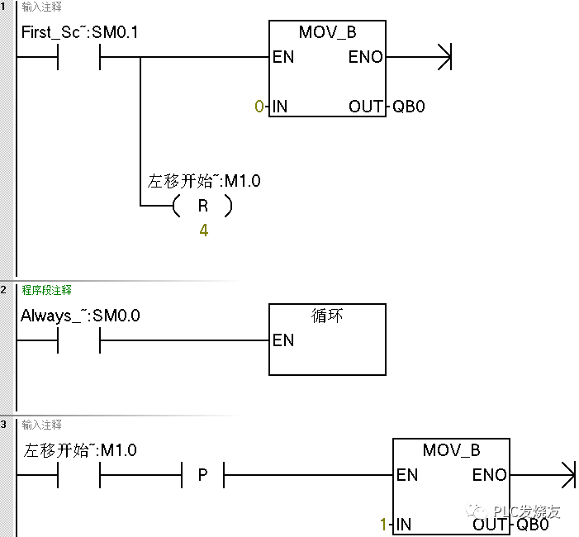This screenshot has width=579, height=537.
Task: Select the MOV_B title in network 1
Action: pyautogui.click(x=327, y=34)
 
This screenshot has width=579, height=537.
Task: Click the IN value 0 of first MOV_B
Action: pyautogui.click(x=259, y=107)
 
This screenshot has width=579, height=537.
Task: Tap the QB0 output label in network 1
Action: pyautogui.click(x=408, y=107)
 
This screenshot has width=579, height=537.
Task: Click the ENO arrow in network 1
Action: pyautogui.click(x=444, y=58)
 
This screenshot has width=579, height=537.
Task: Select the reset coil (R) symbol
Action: pyautogui.click(x=203, y=207)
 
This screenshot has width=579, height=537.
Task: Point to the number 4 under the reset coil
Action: pyautogui.click(x=203, y=230)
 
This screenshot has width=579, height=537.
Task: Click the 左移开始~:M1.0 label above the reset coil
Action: pyautogui.click(x=204, y=181)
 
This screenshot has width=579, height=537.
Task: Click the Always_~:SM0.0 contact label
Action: pyautogui.click(x=80, y=316)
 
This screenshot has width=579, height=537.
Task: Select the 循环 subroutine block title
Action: pyautogui.click(x=327, y=316)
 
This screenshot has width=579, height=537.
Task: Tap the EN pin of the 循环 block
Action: pyautogui.click(x=283, y=340)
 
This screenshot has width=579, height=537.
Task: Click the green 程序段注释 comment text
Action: pyautogui.click(x=47, y=290)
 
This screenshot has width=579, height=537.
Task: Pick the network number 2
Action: pyautogui.click(x=4, y=290)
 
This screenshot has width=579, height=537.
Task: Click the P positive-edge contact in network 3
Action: pyautogui.click(x=203, y=476)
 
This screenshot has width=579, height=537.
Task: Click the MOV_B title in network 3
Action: pyautogui.click(x=451, y=450)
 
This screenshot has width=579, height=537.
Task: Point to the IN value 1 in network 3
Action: pyautogui.click(x=383, y=525)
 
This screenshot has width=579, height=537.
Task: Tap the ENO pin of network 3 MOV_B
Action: pyautogui.click(x=489, y=475)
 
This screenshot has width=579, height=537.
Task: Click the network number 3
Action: pyautogui.click(x=4, y=425)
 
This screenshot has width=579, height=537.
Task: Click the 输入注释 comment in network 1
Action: pyautogui.click(x=41, y=7)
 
